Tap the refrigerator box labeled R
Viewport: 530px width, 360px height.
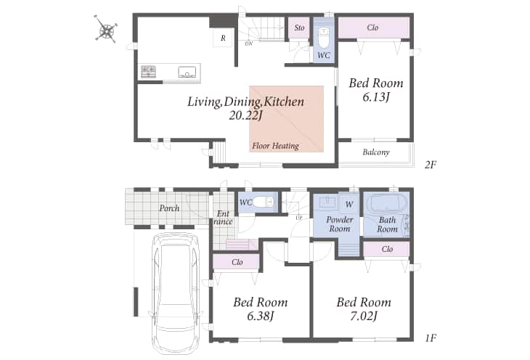223,38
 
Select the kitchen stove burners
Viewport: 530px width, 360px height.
148,71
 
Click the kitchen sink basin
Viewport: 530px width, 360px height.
187,72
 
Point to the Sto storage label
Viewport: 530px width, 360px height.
299,28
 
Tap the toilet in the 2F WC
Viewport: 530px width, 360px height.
324,38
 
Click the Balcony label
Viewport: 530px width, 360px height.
376,152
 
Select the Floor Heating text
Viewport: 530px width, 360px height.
275,146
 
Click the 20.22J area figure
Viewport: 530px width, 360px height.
245,115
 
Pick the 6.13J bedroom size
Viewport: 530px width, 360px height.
376,97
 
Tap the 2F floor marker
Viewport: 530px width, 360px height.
431,165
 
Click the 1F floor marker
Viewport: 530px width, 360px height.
431,337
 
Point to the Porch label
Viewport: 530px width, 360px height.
169,208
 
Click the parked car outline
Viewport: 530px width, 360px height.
176,292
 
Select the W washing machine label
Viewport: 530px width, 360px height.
349,204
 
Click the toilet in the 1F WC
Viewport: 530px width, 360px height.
263,202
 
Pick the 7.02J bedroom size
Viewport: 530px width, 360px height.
363,316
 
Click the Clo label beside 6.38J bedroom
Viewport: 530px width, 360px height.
237,262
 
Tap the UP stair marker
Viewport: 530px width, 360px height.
299,218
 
